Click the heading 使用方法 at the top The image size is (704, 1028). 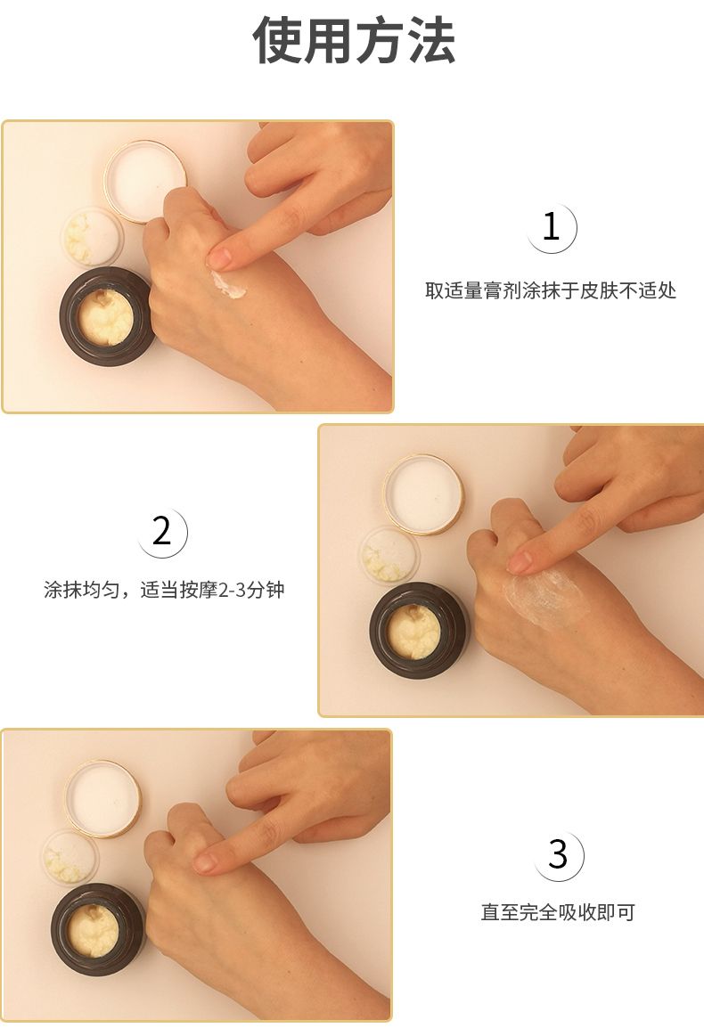[353, 40]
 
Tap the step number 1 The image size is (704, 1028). [551, 227]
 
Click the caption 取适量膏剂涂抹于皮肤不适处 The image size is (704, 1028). [551, 290]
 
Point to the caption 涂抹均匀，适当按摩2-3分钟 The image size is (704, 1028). [164, 590]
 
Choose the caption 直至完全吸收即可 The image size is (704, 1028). [558, 912]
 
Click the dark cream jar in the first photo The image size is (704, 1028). [106, 316]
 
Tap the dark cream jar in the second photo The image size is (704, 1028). [417, 632]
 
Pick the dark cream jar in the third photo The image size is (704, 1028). [97, 930]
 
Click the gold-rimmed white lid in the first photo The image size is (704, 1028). [145, 181]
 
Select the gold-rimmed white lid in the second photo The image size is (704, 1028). [423, 494]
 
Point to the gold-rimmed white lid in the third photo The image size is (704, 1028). [102, 798]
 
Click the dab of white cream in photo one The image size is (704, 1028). [227, 285]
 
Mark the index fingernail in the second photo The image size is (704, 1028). [520, 562]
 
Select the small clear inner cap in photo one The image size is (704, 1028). [93, 237]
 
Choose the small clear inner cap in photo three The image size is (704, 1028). [71, 858]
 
